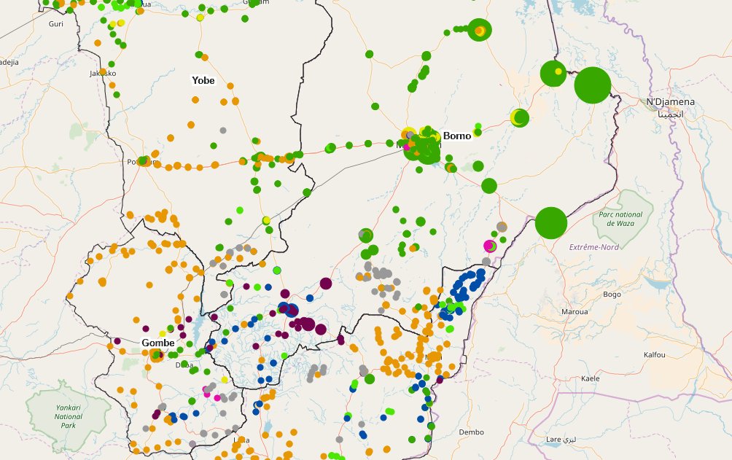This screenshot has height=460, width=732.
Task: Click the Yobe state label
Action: [203, 80]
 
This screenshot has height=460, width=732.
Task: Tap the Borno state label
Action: [457, 136]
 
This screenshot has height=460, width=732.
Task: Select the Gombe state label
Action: [157, 343]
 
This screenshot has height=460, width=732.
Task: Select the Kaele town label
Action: [589, 379]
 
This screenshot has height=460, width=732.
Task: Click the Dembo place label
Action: [472, 432]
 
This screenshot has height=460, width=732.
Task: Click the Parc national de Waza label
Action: [620, 219]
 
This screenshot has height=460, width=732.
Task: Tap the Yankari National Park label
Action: [69, 417]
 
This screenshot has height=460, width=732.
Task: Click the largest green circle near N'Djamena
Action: [592, 85]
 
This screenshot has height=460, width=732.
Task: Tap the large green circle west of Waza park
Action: [551, 222]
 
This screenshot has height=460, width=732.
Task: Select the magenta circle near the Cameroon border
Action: [490, 246]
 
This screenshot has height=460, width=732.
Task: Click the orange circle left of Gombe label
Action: [155, 356]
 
